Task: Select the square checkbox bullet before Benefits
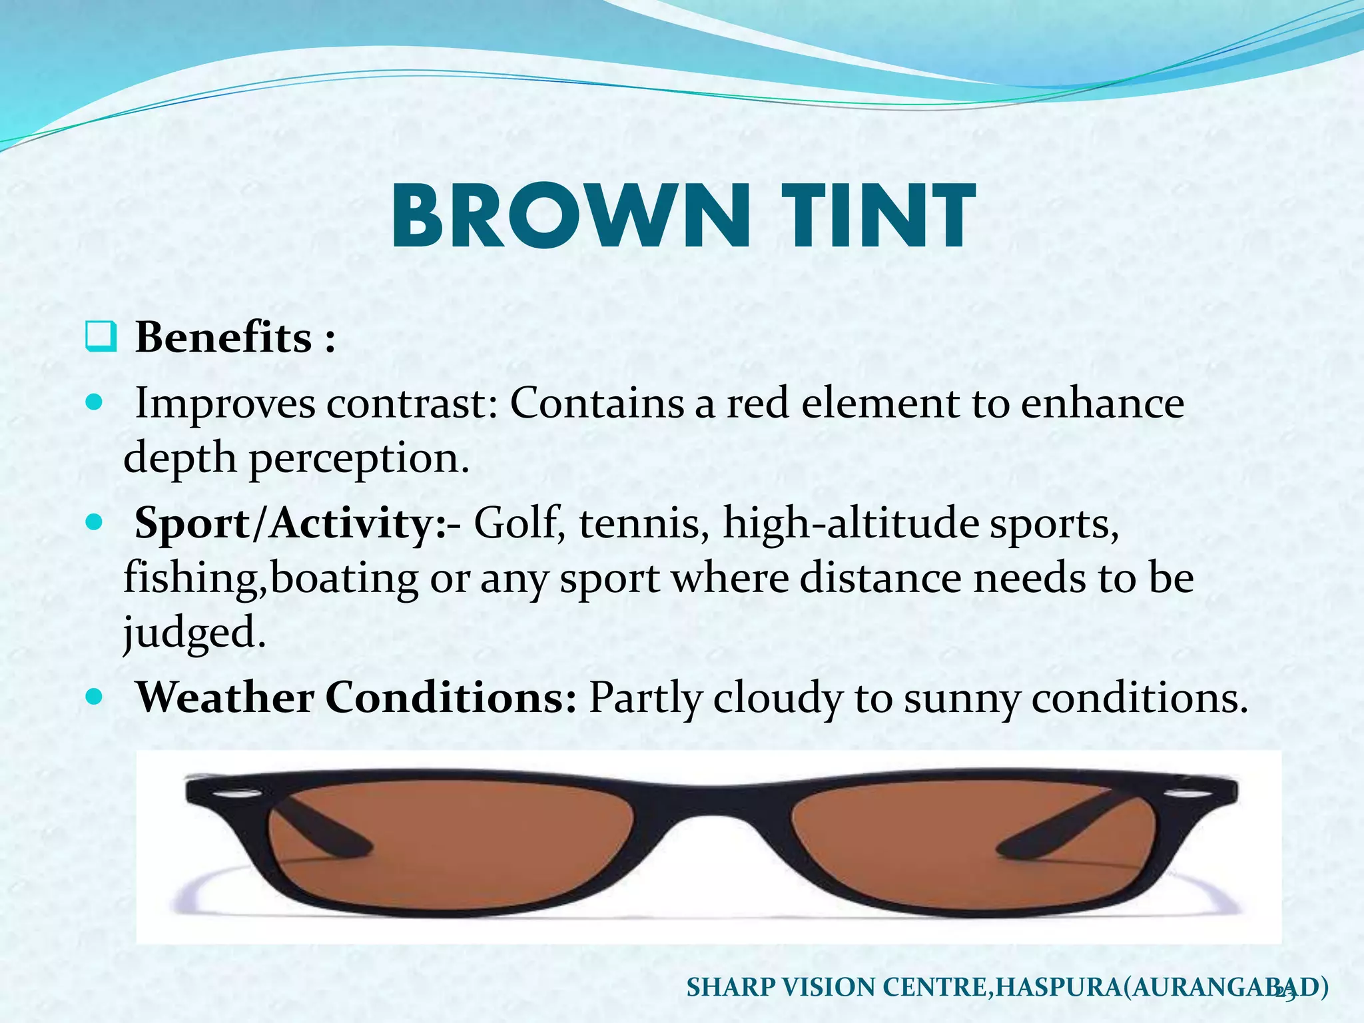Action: tap(101, 338)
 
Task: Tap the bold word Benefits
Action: tap(224, 338)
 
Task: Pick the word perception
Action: tap(359, 459)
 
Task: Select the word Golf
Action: tap(515, 524)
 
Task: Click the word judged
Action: tap(193, 632)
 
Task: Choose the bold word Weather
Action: tap(224, 699)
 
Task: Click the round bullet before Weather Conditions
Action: tap(95, 697)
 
